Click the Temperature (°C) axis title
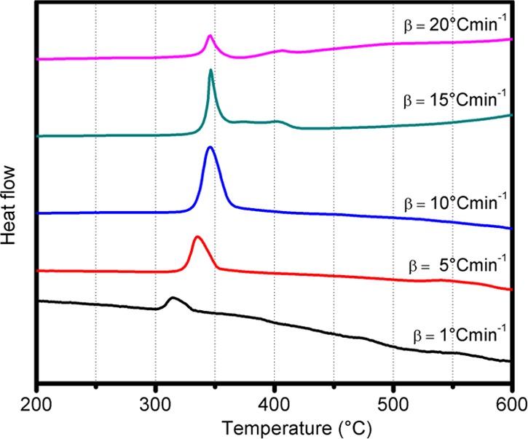tap(274, 424)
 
